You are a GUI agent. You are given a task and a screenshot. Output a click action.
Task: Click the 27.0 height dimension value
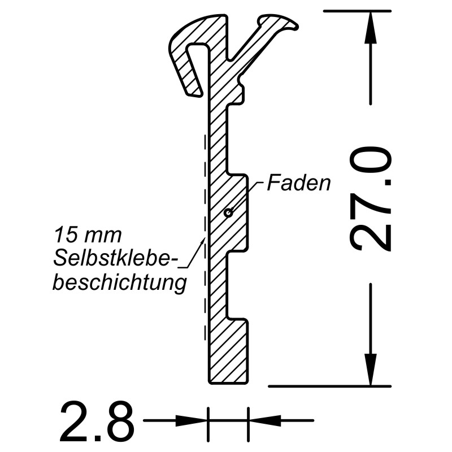pyautogui.click(x=371, y=199)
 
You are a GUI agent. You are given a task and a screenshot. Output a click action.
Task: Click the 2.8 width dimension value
pyautogui.click(x=97, y=421)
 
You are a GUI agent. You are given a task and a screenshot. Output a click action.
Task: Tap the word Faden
pyautogui.click(x=299, y=183)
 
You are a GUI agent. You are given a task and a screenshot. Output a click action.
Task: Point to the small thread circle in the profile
pyautogui.click(x=228, y=213)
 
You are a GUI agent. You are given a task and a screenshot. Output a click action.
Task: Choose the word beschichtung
pyautogui.click(x=119, y=282)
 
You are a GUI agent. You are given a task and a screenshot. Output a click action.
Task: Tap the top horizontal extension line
pyautogui.click(x=356, y=11)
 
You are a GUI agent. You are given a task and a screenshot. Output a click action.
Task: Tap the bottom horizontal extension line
pyautogui.click(x=328, y=386)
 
